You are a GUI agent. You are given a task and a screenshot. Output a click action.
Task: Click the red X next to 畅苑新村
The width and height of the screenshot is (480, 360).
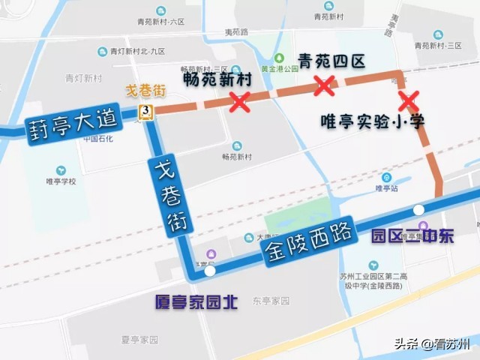(x=239, y=102)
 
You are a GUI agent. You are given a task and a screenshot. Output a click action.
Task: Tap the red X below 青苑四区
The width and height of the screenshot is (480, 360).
(x=324, y=85)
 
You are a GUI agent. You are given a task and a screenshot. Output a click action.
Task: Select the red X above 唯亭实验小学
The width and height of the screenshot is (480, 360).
(x=408, y=100)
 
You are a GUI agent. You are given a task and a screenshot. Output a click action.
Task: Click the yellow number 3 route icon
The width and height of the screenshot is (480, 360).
(x=145, y=112)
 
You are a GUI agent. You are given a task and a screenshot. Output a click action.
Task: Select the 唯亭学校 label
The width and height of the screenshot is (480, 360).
(x=61, y=181)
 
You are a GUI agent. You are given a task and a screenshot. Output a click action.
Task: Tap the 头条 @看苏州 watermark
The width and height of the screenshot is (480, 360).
(x=432, y=343)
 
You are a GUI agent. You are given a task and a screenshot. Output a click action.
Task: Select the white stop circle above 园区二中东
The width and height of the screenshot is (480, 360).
(x=418, y=209)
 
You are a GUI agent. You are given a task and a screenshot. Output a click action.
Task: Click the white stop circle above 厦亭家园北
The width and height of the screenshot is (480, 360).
(x=211, y=271)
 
